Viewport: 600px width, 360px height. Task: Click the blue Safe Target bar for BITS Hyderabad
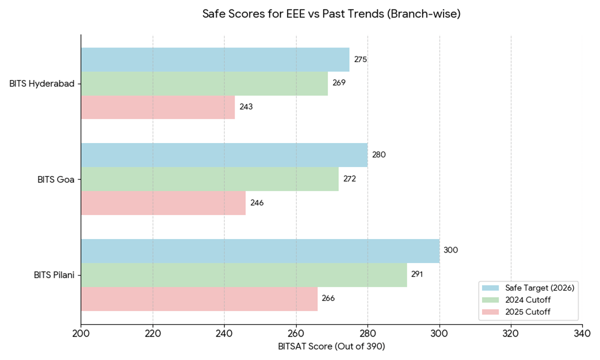215,59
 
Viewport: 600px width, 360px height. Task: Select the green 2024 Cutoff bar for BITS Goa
209,179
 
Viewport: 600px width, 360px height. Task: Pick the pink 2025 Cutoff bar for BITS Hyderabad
158,107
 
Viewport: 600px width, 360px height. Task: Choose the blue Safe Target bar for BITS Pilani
260,251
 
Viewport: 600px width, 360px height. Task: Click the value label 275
360,59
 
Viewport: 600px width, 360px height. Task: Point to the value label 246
257,203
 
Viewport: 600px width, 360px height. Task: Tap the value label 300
450,250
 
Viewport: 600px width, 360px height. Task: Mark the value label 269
339,83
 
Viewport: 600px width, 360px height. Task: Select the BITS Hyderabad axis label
41,83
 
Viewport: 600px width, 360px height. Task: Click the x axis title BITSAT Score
331,346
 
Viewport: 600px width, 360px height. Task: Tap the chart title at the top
331,14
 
